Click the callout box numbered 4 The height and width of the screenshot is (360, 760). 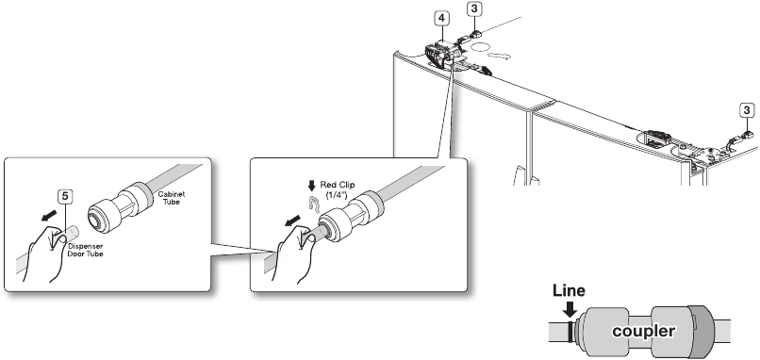pyautogui.click(x=441, y=19)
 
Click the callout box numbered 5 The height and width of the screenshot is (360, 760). pyautogui.click(x=65, y=196)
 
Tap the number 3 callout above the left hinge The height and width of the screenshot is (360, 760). pyautogui.click(x=473, y=8)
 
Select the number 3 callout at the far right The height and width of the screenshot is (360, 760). pyautogui.click(x=747, y=110)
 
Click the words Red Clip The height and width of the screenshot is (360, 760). pyautogui.click(x=338, y=185)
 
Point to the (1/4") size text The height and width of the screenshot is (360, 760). pyautogui.click(x=338, y=194)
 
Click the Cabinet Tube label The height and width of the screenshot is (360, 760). pyautogui.click(x=171, y=198)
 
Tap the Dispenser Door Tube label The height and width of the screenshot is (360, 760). pyautogui.click(x=85, y=250)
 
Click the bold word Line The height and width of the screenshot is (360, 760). pyautogui.click(x=569, y=290)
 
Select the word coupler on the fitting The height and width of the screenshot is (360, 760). pyautogui.click(x=643, y=332)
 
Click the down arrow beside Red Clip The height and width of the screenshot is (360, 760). pyautogui.click(x=312, y=186)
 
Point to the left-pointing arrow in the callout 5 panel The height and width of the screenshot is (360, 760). pyautogui.click(x=47, y=216)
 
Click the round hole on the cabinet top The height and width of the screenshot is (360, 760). pyautogui.click(x=482, y=47)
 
